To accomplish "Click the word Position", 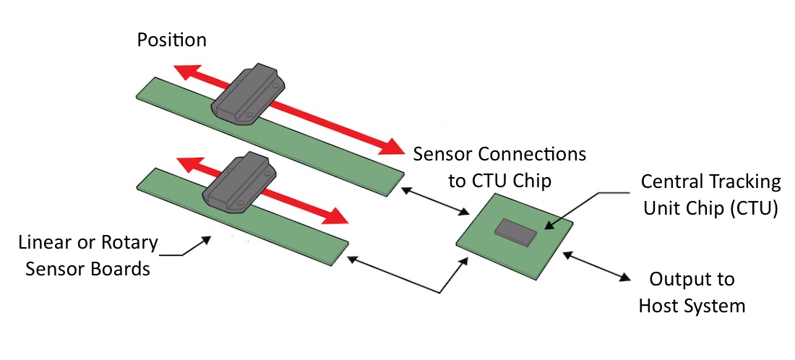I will click(172, 40).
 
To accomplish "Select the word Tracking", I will click(744, 181).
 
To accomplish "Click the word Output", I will click(682, 279).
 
